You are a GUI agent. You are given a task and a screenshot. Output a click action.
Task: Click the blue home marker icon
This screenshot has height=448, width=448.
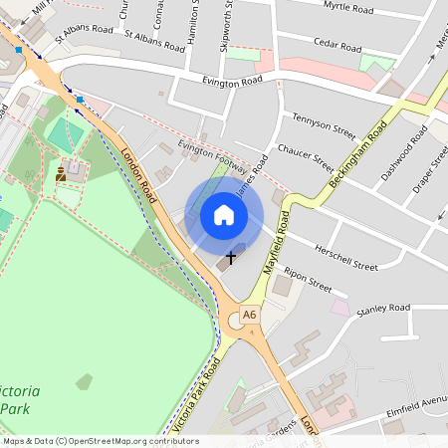coord(224,215)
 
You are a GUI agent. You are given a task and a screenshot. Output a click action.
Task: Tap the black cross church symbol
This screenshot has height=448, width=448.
coord(231,258)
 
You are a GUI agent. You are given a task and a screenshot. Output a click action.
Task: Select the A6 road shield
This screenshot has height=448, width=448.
coord(249,315)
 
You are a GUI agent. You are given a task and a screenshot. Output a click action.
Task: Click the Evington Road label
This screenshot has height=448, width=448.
coord(231,81)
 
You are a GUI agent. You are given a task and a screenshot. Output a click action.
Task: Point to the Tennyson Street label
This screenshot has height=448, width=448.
coord(324,124)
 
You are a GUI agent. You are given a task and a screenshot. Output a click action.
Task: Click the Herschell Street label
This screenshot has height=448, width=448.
coord(346,257)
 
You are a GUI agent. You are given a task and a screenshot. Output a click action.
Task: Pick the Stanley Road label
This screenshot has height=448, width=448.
coord(383,309)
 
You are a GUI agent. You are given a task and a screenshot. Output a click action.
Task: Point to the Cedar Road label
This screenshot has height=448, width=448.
coord(338,45)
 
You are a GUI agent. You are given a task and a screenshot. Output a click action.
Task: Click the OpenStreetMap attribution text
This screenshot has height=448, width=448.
coord(100,441)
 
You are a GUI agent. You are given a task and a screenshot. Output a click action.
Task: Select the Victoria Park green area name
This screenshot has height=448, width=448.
coord(20,398)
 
